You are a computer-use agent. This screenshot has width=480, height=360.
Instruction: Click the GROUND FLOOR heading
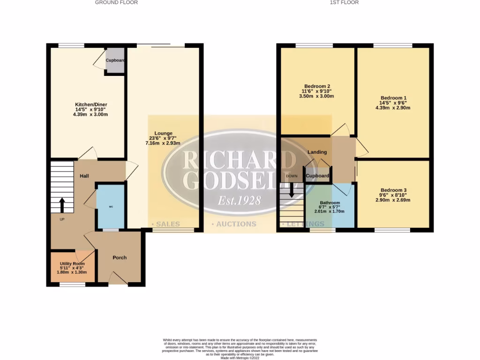pos(116,2)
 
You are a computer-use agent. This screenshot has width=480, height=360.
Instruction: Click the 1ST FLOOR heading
pos(345,2)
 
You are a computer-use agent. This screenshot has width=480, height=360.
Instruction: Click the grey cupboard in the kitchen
pos(115,61)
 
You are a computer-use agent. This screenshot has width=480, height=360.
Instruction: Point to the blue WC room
pos(111,206)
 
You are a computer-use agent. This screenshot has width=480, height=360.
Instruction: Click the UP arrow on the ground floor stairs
pos(62,205)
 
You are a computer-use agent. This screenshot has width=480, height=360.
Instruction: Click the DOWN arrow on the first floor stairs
pos(292,189)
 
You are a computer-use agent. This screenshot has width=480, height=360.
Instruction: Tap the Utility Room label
pos(72,264)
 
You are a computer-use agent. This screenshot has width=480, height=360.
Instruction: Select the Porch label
pos(120,257)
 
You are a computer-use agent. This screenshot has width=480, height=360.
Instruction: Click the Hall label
pos(84,176)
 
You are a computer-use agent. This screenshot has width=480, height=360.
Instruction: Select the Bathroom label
pos(330,202)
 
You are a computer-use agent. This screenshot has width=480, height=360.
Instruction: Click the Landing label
pos(317,152)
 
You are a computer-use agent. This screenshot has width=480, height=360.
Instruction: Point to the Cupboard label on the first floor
pos(317,176)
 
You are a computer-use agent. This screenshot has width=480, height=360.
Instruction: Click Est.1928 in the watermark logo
pos(239,201)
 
